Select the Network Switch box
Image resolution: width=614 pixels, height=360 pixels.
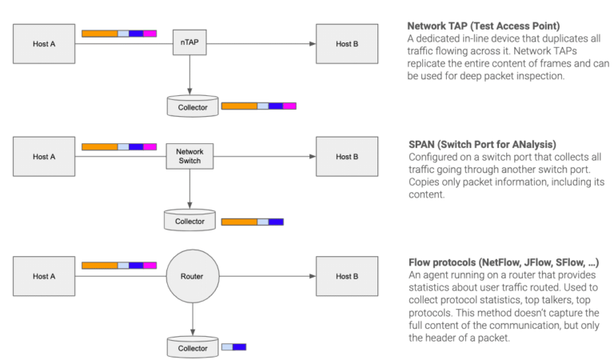pos(189,157)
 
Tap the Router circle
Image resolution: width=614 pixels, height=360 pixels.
pos(190,277)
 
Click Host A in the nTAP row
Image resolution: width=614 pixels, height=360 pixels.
pos(44,43)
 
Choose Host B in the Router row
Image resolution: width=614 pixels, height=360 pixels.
pos(347,277)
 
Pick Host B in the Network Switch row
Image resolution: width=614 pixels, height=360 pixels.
pos(347,157)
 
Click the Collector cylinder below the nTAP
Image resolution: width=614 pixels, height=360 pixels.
pos(192,106)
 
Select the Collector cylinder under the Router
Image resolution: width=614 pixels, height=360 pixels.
pos(192,347)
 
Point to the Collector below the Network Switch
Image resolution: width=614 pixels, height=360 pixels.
pos(189,221)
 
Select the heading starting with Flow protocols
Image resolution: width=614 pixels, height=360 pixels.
pos(504,262)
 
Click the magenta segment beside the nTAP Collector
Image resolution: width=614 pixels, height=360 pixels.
pos(289,106)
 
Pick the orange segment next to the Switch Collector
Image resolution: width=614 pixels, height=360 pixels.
pos(238,222)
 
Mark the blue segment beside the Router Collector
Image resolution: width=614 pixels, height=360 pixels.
pos(239,346)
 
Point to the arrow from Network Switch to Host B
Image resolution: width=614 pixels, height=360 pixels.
pos(264,157)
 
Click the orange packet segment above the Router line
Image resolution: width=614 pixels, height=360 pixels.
pos(99,265)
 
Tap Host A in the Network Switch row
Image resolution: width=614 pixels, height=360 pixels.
pos(44,157)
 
